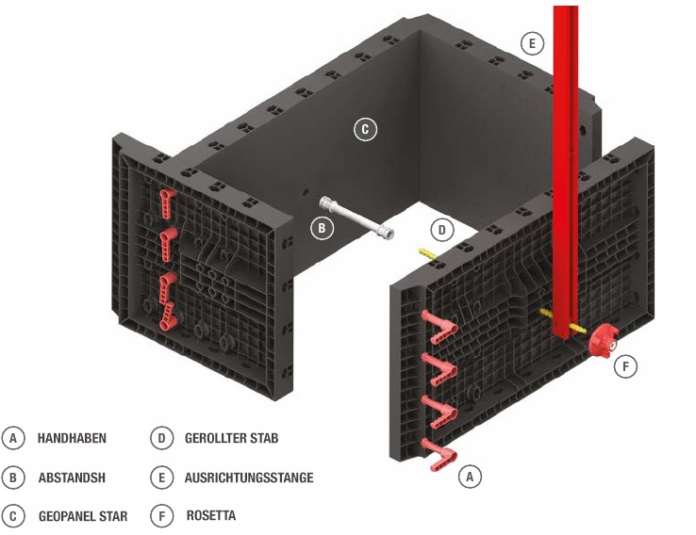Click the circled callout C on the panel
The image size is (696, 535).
pos(365,129)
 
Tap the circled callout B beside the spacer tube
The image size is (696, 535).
pos(322,227)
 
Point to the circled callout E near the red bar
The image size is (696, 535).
pos(532,42)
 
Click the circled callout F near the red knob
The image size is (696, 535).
pos(624,366)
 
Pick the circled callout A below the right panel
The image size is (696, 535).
pos(470,478)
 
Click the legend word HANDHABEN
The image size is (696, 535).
pos(72,438)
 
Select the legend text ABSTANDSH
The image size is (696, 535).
pos(72,478)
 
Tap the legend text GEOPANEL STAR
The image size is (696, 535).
pos(83,516)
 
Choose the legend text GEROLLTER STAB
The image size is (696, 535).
pos(231,438)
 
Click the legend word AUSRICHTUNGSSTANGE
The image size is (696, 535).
pos(249,478)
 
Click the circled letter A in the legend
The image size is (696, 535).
pos(13,438)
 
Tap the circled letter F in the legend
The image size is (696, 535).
pos(162,516)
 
